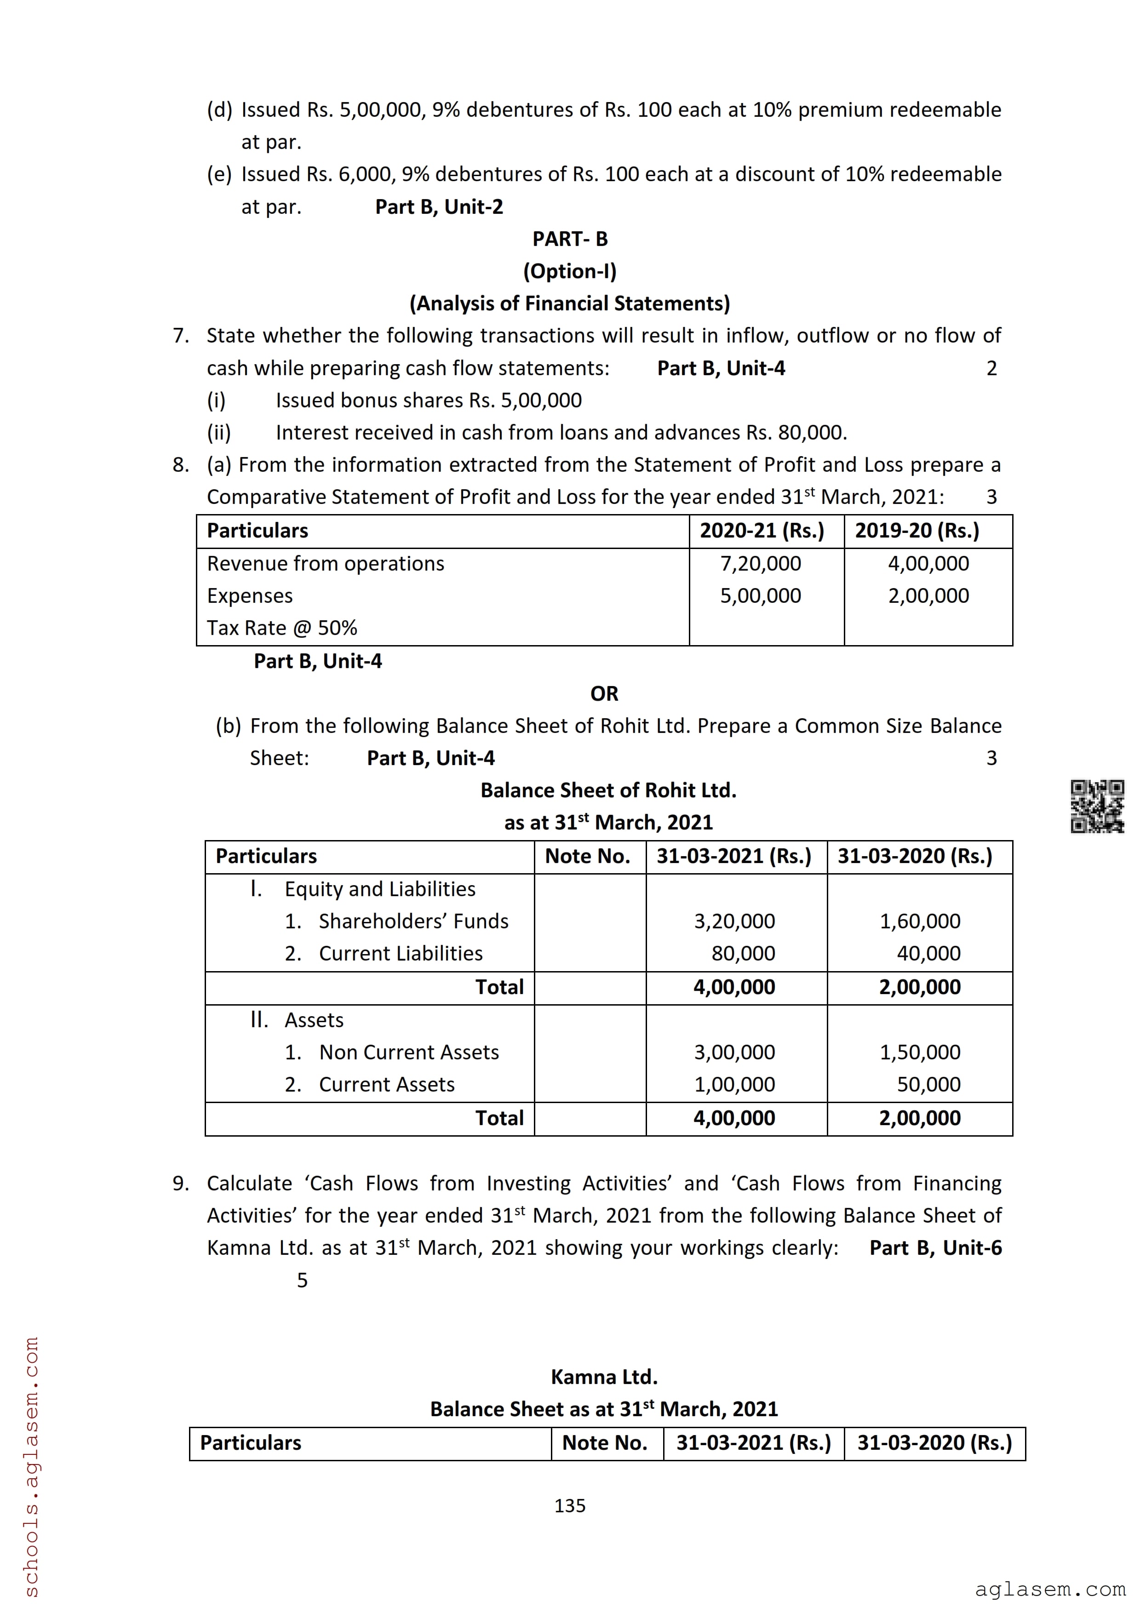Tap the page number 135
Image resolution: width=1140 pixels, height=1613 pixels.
coord(570,1505)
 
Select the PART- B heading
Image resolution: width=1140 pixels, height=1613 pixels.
coord(570,239)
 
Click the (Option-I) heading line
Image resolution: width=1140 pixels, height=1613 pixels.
coord(570,271)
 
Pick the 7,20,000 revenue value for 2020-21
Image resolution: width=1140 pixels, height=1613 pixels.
coord(761,563)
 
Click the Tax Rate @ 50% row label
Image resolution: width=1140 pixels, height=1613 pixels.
coord(281,627)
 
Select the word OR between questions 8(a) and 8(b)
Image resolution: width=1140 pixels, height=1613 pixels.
coord(604,693)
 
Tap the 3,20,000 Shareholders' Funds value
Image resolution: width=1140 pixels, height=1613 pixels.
coord(735,921)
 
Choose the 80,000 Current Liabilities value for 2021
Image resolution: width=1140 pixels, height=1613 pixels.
coord(743,953)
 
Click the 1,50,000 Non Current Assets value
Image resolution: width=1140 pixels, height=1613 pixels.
coord(920,1052)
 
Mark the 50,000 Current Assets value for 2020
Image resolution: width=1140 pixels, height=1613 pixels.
coord(928,1084)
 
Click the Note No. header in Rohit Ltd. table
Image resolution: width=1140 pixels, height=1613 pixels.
coord(588,856)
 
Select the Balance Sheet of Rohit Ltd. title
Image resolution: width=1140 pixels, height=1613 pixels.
coord(608,790)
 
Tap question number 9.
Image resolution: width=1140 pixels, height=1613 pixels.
coord(181,1183)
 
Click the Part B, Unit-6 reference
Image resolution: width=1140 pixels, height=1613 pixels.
coord(936,1248)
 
